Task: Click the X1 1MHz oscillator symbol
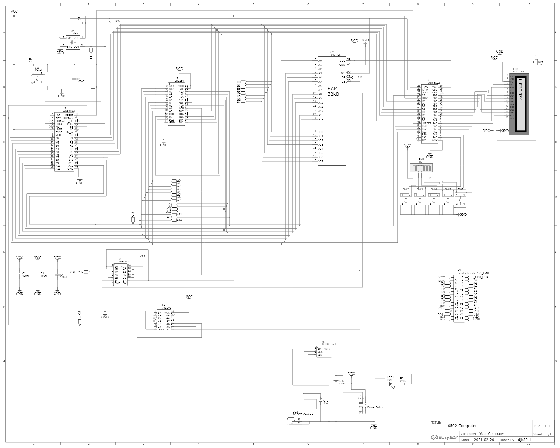pyautogui.click(x=73, y=42)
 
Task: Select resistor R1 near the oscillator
pyautogui.click(x=80, y=23)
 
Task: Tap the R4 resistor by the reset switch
pyautogui.click(x=31, y=65)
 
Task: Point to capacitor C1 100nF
pyautogui.click(x=74, y=79)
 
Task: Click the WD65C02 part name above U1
pyautogui.click(x=69, y=111)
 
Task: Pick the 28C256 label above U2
pyautogui.click(x=179, y=81)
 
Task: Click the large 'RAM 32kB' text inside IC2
pyautogui.click(x=333, y=91)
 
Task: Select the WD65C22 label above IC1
pyautogui.click(x=434, y=83)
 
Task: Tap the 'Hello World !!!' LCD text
pyautogui.click(x=521, y=89)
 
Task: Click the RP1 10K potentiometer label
pyautogui.click(x=540, y=63)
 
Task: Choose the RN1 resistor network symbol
pyautogui.click(x=421, y=168)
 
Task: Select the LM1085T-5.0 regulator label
pyautogui.click(x=328, y=344)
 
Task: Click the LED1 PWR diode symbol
pyautogui.click(x=391, y=384)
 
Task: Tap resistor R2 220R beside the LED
pyautogui.click(x=402, y=384)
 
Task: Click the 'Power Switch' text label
pyautogui.click(x=375, y=407)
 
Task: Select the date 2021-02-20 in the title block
pyautogui.click(x=484, y=440)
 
